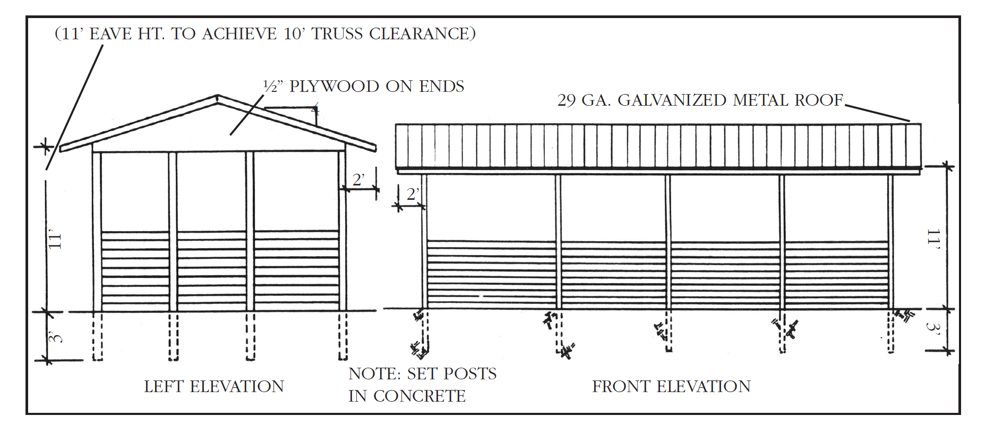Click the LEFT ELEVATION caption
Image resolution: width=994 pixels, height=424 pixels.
(x=214, y=386)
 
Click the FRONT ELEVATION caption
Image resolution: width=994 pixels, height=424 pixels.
(x=671, y=386)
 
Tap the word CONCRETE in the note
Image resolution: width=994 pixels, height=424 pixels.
(x=419, y=396)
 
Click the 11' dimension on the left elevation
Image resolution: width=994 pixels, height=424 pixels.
(x=55, y=240)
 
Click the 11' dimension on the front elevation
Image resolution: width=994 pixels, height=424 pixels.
(x=933, y=240)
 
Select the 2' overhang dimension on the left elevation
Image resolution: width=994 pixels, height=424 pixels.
(x=358, y=180)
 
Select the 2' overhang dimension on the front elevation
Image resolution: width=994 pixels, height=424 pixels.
(x=413, y=194)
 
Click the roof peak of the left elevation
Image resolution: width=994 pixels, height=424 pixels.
(x=217, y=97)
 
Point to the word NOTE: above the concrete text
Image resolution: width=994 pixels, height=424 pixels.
(x=374, y=374)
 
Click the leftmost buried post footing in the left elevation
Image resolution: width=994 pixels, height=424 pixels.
(x=97, y=336)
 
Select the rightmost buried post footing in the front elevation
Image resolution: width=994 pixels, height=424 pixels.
(x=890, y=332)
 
